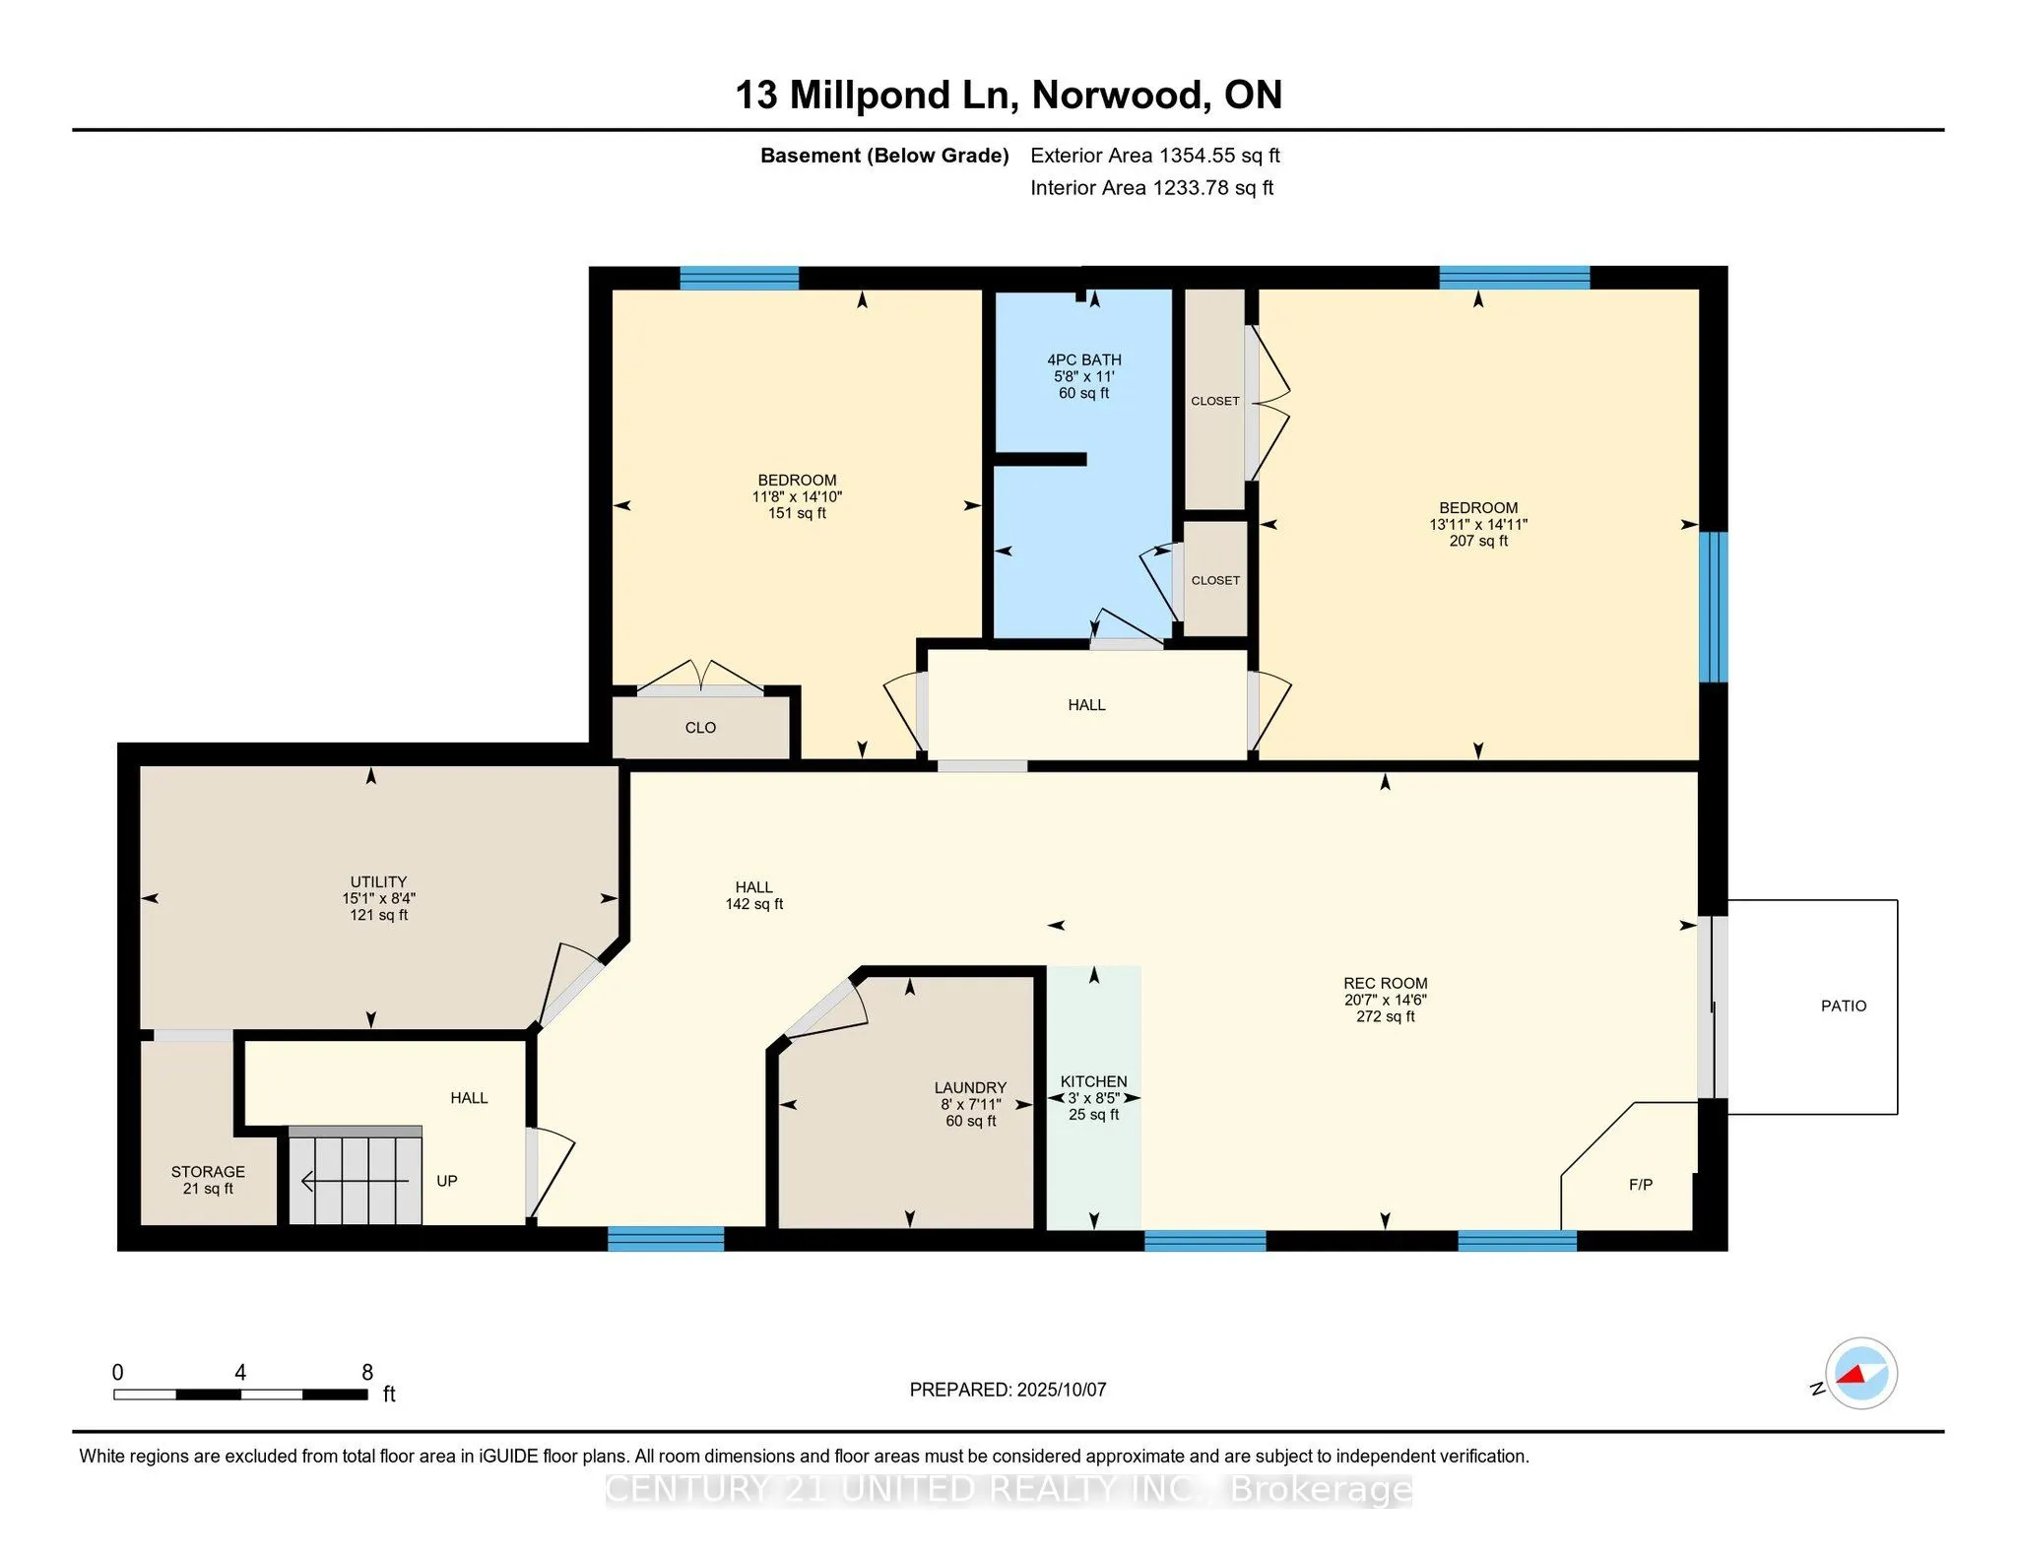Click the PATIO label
1843,1006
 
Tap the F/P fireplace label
1640,1184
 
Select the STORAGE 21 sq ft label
208,1180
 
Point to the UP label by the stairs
446,1181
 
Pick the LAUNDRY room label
970,1104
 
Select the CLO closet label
700,728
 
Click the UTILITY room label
378,898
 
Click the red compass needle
1852,1375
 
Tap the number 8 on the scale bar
367,1372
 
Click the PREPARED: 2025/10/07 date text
1008,1390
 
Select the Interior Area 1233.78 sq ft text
1151,187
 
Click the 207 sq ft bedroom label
1478,541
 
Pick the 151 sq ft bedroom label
797,513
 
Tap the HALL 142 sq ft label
754,895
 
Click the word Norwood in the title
1121,95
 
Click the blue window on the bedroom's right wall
1714,607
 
